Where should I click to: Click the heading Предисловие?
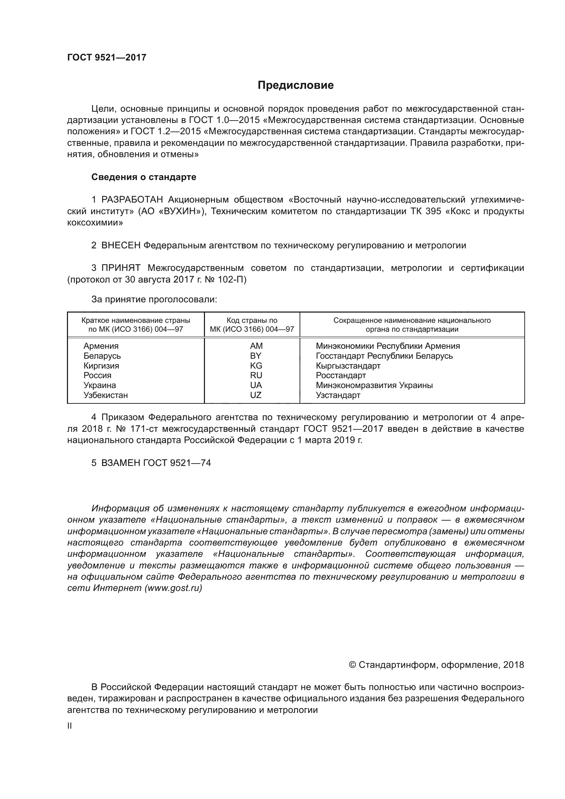click(295, 85)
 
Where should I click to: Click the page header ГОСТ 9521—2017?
click(107, 57)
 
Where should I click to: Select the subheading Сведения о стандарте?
click(144, 177)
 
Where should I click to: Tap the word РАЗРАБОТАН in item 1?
click(132, 200)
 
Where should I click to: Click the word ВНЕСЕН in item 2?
click(121, 245)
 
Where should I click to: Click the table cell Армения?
click(101, 346)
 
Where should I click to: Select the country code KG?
click(256, 366)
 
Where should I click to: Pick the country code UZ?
click(256, 395)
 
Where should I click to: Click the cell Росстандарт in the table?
click(341, 375)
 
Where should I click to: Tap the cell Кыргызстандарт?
click(348, 366)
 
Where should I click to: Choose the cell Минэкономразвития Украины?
click(374, 385)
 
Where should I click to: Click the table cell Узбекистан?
click(106, 395)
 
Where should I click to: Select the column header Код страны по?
click(252, 320)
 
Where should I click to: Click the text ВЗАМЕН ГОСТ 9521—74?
click(156, 463)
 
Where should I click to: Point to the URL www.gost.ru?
click(173, 588)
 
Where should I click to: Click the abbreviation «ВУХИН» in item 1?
click(181, 211)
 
